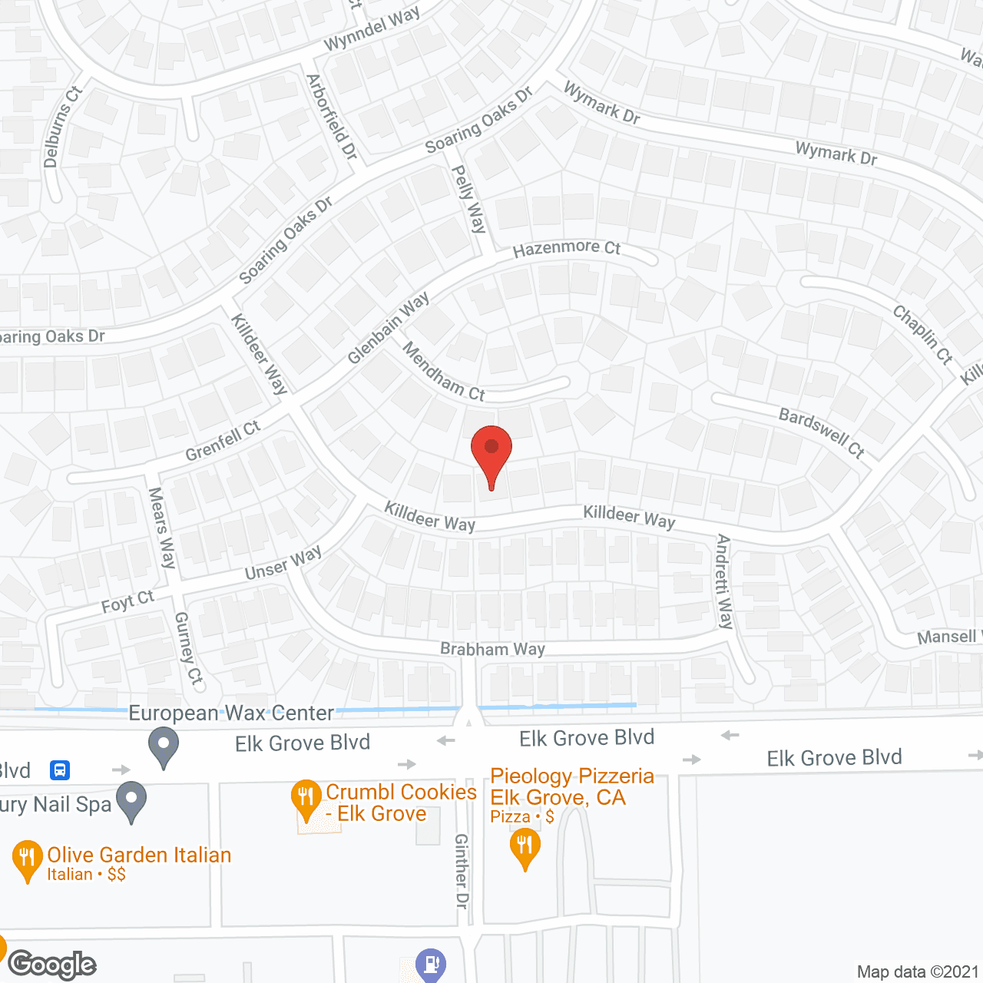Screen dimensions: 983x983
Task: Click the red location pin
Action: pos(491,453)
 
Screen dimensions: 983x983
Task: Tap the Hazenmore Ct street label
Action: pos(567,248)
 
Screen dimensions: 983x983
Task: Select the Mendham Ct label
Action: pos(444,372)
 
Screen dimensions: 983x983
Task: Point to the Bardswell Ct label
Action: pos(822,432)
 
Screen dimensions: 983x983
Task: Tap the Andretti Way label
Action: pos(723,581)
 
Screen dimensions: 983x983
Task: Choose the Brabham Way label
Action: pos(492,649)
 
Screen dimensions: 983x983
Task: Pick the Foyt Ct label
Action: pos(127,601)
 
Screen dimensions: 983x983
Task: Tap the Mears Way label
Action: pos(162,528)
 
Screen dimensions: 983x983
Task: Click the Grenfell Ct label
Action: pos(223,441)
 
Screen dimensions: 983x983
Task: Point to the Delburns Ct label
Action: pos(61,127)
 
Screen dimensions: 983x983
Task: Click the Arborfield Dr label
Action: pos(332,117)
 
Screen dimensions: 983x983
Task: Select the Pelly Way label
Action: pos(468,199)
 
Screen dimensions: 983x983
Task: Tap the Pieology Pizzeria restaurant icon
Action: pos(525,848)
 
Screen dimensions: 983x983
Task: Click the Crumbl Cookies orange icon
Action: pos(306,799)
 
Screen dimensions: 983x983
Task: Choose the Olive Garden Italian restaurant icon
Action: pos(27,859)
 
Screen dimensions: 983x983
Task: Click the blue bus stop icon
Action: pos(60,770)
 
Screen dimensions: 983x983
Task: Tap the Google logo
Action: pos(52,965)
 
